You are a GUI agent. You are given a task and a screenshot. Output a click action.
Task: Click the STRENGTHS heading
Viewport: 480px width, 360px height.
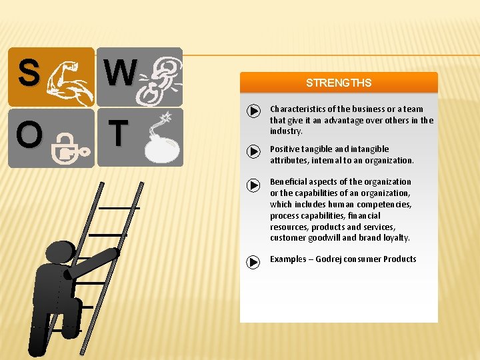click(x=339, y=83)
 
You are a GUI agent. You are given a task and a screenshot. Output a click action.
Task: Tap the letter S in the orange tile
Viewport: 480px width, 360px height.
click(x=28, y=73)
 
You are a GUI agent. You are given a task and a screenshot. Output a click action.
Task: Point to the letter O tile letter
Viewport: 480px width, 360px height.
click(x=29, y=135)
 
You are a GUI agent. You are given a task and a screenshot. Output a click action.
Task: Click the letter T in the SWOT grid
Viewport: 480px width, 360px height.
click(x=117, y=133)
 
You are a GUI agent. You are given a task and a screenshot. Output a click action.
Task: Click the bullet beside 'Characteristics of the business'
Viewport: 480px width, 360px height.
click(x=253, y=111)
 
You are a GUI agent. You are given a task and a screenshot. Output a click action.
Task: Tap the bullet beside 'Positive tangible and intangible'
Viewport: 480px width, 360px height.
click(x=253, y=151)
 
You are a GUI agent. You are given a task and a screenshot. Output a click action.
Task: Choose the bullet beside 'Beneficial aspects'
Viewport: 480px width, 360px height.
click(x=253, y=185)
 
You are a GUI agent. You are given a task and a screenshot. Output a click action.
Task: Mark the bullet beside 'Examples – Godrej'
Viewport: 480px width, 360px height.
click(x=253, y=262)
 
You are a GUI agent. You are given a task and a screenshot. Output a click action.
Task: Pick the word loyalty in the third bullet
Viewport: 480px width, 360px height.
click(x=395, y=238)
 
